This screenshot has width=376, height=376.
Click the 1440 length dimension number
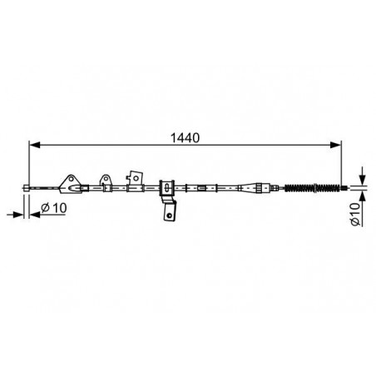click(x=185, y=138)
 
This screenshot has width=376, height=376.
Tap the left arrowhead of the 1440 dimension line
click(x=35, y=145)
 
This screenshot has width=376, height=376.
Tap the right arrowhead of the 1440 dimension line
click(x=335, y=145)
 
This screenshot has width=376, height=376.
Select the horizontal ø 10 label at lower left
click(x=54, y=208)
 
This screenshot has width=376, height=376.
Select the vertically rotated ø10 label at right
click(x=355, y=214)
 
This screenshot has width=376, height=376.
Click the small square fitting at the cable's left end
click(x=27, y=188)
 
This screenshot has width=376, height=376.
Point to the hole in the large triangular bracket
click(x=72, y=179)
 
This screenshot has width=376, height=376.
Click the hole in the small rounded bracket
click(x=106, y=179)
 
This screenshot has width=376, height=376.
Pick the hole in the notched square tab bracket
click(x=136, y=178)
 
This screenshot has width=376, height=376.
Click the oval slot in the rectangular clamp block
click(x=166, y=188)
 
